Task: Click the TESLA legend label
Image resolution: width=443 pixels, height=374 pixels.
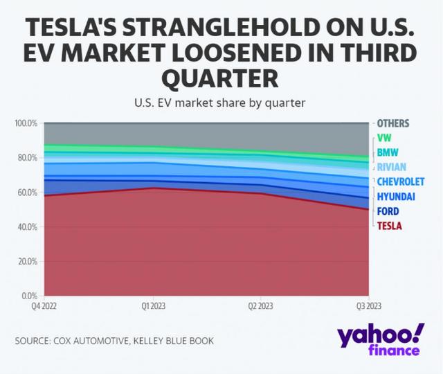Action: click(389, 225)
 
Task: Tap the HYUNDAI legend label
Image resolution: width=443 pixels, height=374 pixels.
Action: click(396, 197)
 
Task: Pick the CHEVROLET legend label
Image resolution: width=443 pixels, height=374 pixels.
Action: click(401, 181)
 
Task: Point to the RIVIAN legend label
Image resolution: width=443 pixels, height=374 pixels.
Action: click(392, 167)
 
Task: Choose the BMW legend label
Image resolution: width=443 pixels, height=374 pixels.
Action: click(388, 152)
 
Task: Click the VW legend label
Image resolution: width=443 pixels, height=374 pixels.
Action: click(384, 138)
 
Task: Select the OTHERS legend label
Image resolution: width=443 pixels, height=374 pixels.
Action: click(393, 123)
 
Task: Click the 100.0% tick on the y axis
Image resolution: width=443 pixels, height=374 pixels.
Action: click(26, 123)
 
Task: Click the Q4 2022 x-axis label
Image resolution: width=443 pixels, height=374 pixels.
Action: click(44, 305)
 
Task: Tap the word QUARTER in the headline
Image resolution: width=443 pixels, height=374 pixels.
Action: click(221, 78)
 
